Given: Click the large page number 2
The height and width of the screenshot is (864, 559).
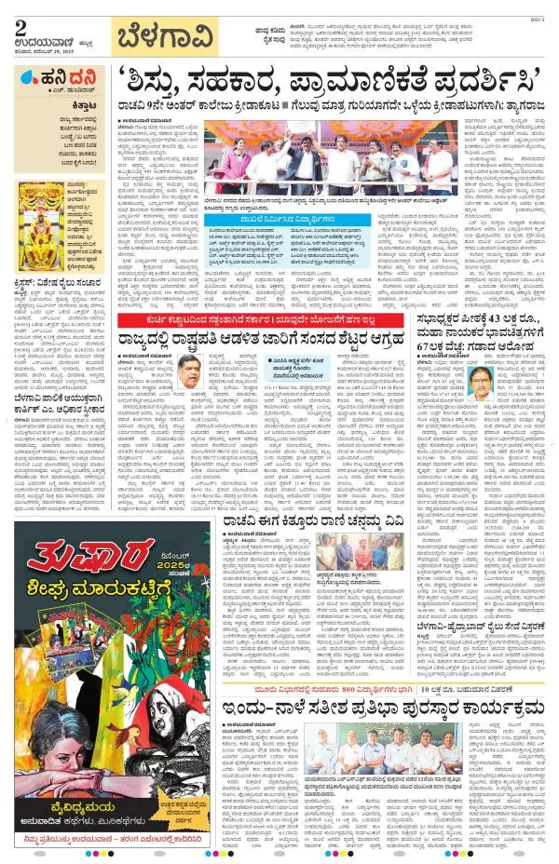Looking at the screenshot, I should (20, 22).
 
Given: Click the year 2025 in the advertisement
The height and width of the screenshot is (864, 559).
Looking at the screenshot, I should (167, 565).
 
